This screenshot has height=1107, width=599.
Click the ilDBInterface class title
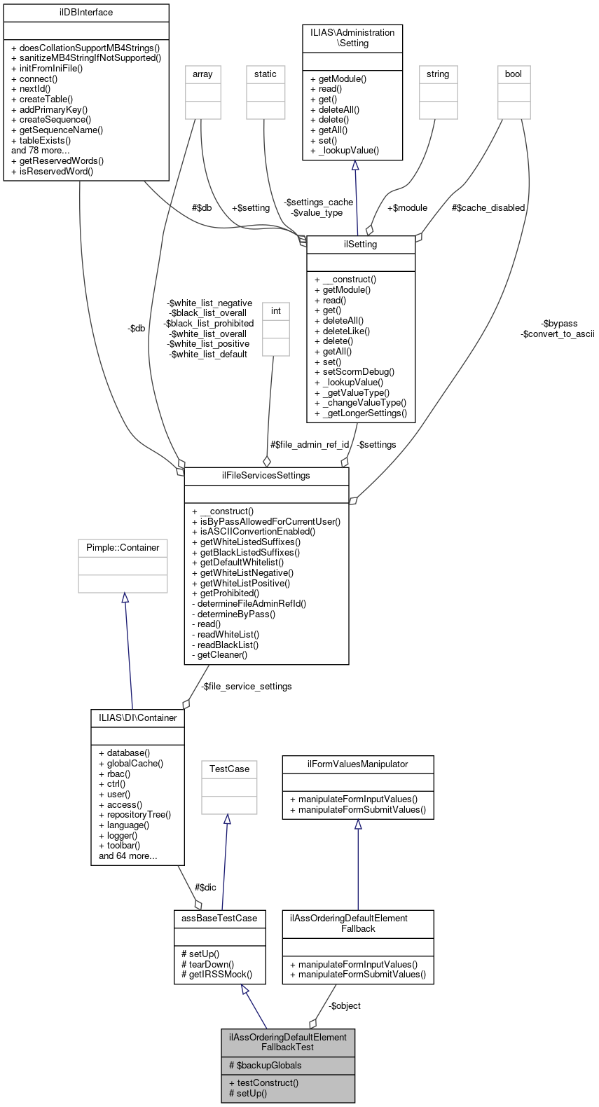86,13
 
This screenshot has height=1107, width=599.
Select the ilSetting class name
361,245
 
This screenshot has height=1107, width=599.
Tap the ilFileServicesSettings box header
266,476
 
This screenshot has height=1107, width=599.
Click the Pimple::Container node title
123,548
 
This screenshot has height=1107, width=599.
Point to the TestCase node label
229,769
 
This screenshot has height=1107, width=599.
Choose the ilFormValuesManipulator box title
358,764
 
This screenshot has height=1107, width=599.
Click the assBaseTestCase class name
219,919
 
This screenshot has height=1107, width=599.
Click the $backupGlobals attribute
265,1066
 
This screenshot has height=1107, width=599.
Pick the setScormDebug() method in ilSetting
354,372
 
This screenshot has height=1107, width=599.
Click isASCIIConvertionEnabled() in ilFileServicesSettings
254,532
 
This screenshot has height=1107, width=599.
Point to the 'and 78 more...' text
41,151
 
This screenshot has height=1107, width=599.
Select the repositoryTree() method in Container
135,815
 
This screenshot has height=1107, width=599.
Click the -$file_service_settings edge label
246,687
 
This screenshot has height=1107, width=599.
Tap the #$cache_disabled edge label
488,208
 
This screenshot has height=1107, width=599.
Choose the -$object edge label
345,1006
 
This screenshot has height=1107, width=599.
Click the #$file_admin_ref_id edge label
310,445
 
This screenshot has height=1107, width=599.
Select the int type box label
276,311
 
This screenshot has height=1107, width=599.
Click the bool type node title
514,74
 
